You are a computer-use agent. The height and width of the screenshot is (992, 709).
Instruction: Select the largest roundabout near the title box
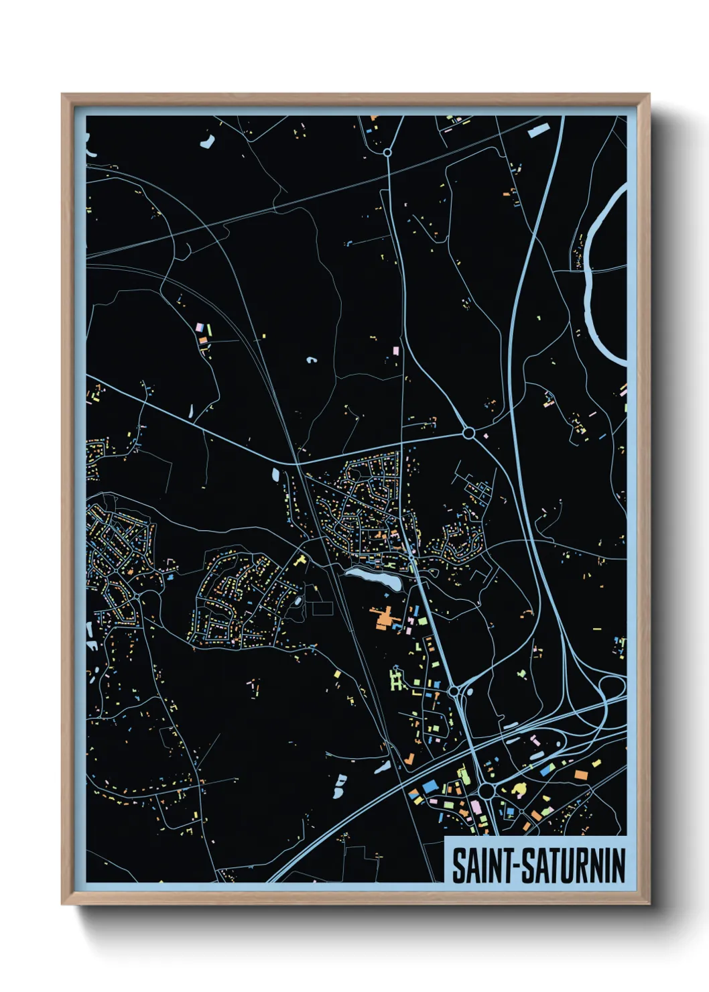click(487, 792)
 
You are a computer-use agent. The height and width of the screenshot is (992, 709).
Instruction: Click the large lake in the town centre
click(373, 577)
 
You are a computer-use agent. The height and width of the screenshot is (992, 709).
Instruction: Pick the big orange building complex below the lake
click(384, 617)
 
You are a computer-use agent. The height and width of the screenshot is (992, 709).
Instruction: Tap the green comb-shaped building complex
click(396, 681)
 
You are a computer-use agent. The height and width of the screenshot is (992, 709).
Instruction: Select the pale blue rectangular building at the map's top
click(538, 130)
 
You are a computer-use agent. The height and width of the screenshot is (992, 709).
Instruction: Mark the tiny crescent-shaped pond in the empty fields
click(312, 360)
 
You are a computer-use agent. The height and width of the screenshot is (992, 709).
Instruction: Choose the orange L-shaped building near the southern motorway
click(408, 759)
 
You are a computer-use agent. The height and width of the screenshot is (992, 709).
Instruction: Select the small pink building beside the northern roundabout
click(485, 436)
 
